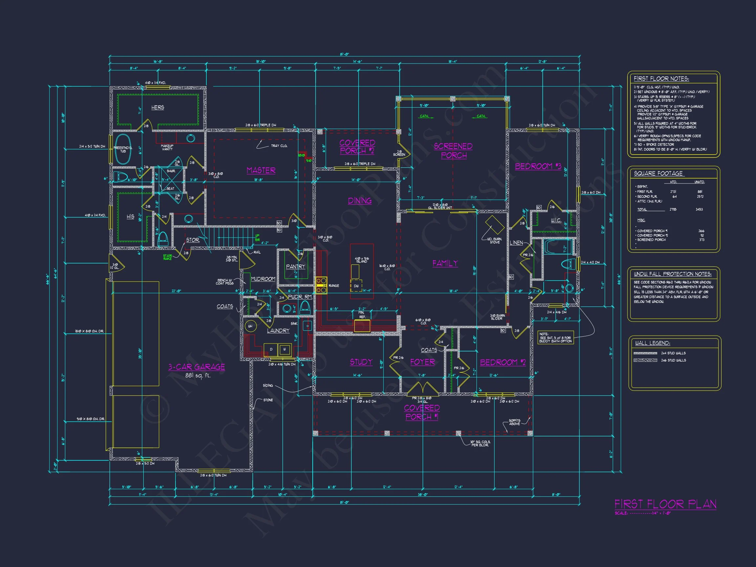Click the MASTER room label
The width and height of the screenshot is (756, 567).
(261, 170)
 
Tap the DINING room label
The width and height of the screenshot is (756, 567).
(360, 200)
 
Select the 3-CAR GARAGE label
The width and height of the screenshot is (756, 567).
(196, 367)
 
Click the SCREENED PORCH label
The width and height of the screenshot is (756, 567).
(453, 151)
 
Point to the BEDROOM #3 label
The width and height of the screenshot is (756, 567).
(538, 166)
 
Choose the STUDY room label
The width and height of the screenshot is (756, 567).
(361, 362)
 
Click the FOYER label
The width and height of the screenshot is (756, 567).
(422, 362)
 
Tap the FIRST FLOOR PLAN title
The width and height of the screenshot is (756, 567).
(665, 504)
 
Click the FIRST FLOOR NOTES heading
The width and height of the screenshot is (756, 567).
(661, 79)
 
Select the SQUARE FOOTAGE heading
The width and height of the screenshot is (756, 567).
(658, 174)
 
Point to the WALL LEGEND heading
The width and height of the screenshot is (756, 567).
(652, 343)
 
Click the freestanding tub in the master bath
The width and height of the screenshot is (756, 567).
(123, 149)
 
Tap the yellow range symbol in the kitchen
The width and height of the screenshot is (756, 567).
(321, 285)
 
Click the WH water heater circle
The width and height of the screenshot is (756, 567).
(250, 326)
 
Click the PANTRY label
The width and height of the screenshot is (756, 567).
(295, 266)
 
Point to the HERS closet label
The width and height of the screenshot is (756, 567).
(157, 108)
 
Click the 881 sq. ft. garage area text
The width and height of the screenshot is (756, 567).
(198, 376)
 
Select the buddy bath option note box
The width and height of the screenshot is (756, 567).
(556, 337)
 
